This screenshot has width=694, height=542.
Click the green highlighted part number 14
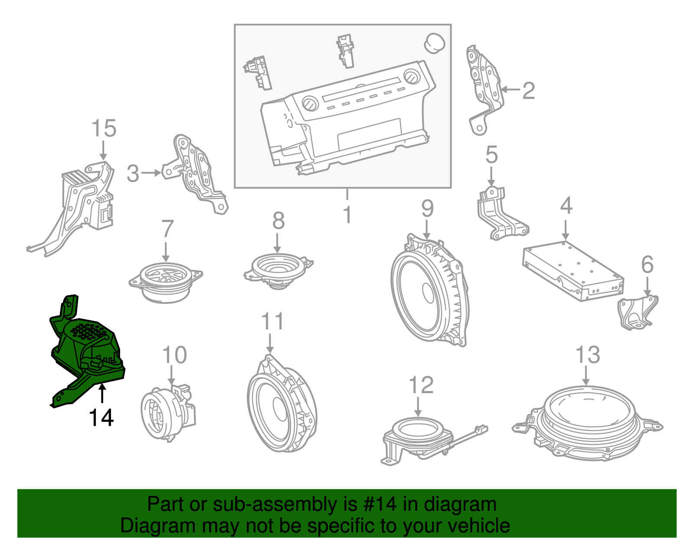[x=87, y=351]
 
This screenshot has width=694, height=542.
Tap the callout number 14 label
[x=101, y=418]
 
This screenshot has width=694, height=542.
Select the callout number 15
[x=104, y=128]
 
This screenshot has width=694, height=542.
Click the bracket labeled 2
[x=484, y=87]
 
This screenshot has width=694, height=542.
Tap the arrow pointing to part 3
[x=151, y=173]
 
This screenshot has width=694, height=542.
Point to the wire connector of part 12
[x=480, y=430]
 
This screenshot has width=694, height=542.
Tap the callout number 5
[x=491, y=155]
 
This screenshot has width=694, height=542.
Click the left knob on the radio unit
[x=310, y=105]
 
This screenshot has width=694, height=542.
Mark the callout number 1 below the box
[x=347, y=214]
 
